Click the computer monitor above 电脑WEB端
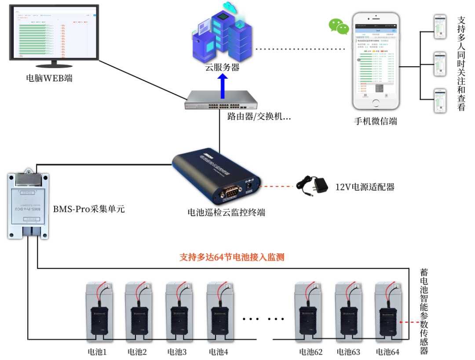(x=55, y=34)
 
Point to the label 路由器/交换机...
(x=259, y=117)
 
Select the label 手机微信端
(x=376, y=121)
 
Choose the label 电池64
(x=387, y=352)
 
